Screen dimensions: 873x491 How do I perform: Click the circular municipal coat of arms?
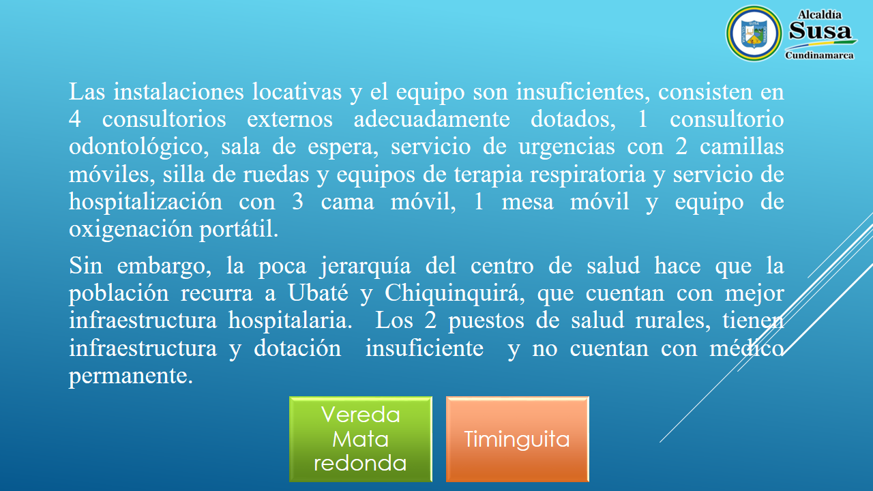[x=754, y=33]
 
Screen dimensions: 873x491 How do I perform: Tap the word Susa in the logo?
[x=820, y=31]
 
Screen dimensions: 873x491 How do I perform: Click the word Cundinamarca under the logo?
[x=819, y=55]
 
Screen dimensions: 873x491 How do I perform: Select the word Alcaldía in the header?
[x=820, y=15]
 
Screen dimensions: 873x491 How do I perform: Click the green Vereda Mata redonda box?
[x=361, y=439]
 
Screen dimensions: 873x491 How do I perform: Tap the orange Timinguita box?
[x=517, y=439]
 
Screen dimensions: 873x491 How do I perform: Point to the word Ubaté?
[x=318, y=293]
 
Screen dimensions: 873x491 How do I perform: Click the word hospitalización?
[x=145, y=203]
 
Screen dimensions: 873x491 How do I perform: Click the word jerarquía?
[x=366, y=267]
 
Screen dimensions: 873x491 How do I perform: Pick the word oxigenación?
[x=130, y=230]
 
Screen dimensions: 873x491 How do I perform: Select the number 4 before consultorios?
[x=75, y=119]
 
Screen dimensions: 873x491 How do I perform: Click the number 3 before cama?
[x=297, y=201]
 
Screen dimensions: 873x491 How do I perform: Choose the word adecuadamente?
[x=432, y=119]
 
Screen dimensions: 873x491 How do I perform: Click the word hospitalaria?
[x=291, y=321]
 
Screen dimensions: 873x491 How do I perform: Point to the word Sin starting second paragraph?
[x=85, y=266]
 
